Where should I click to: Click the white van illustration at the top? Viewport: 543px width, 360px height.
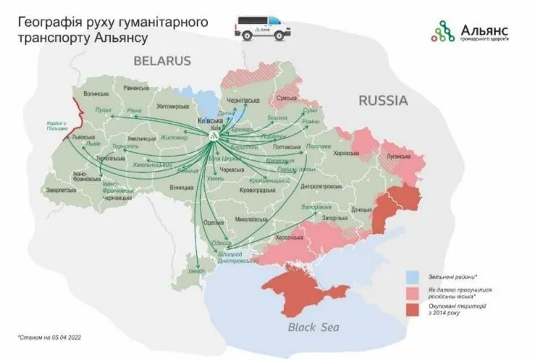[261, 28]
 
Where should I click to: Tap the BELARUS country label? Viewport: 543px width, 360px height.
[161, 61]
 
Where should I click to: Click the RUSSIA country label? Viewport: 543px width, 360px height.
[383, 100]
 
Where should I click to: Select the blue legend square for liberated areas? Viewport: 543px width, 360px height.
[411, 276]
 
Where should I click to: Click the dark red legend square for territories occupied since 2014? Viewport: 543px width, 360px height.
[411, 310]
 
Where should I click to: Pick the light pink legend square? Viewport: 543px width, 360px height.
[411, 293]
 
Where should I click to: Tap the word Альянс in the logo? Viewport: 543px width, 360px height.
[484, 28]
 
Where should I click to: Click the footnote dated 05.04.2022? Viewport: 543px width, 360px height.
[49, 338]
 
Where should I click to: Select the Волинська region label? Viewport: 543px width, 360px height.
[96, 95]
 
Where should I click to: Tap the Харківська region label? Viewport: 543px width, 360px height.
[346, 153]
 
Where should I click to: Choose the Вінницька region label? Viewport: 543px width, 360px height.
[180, 187]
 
